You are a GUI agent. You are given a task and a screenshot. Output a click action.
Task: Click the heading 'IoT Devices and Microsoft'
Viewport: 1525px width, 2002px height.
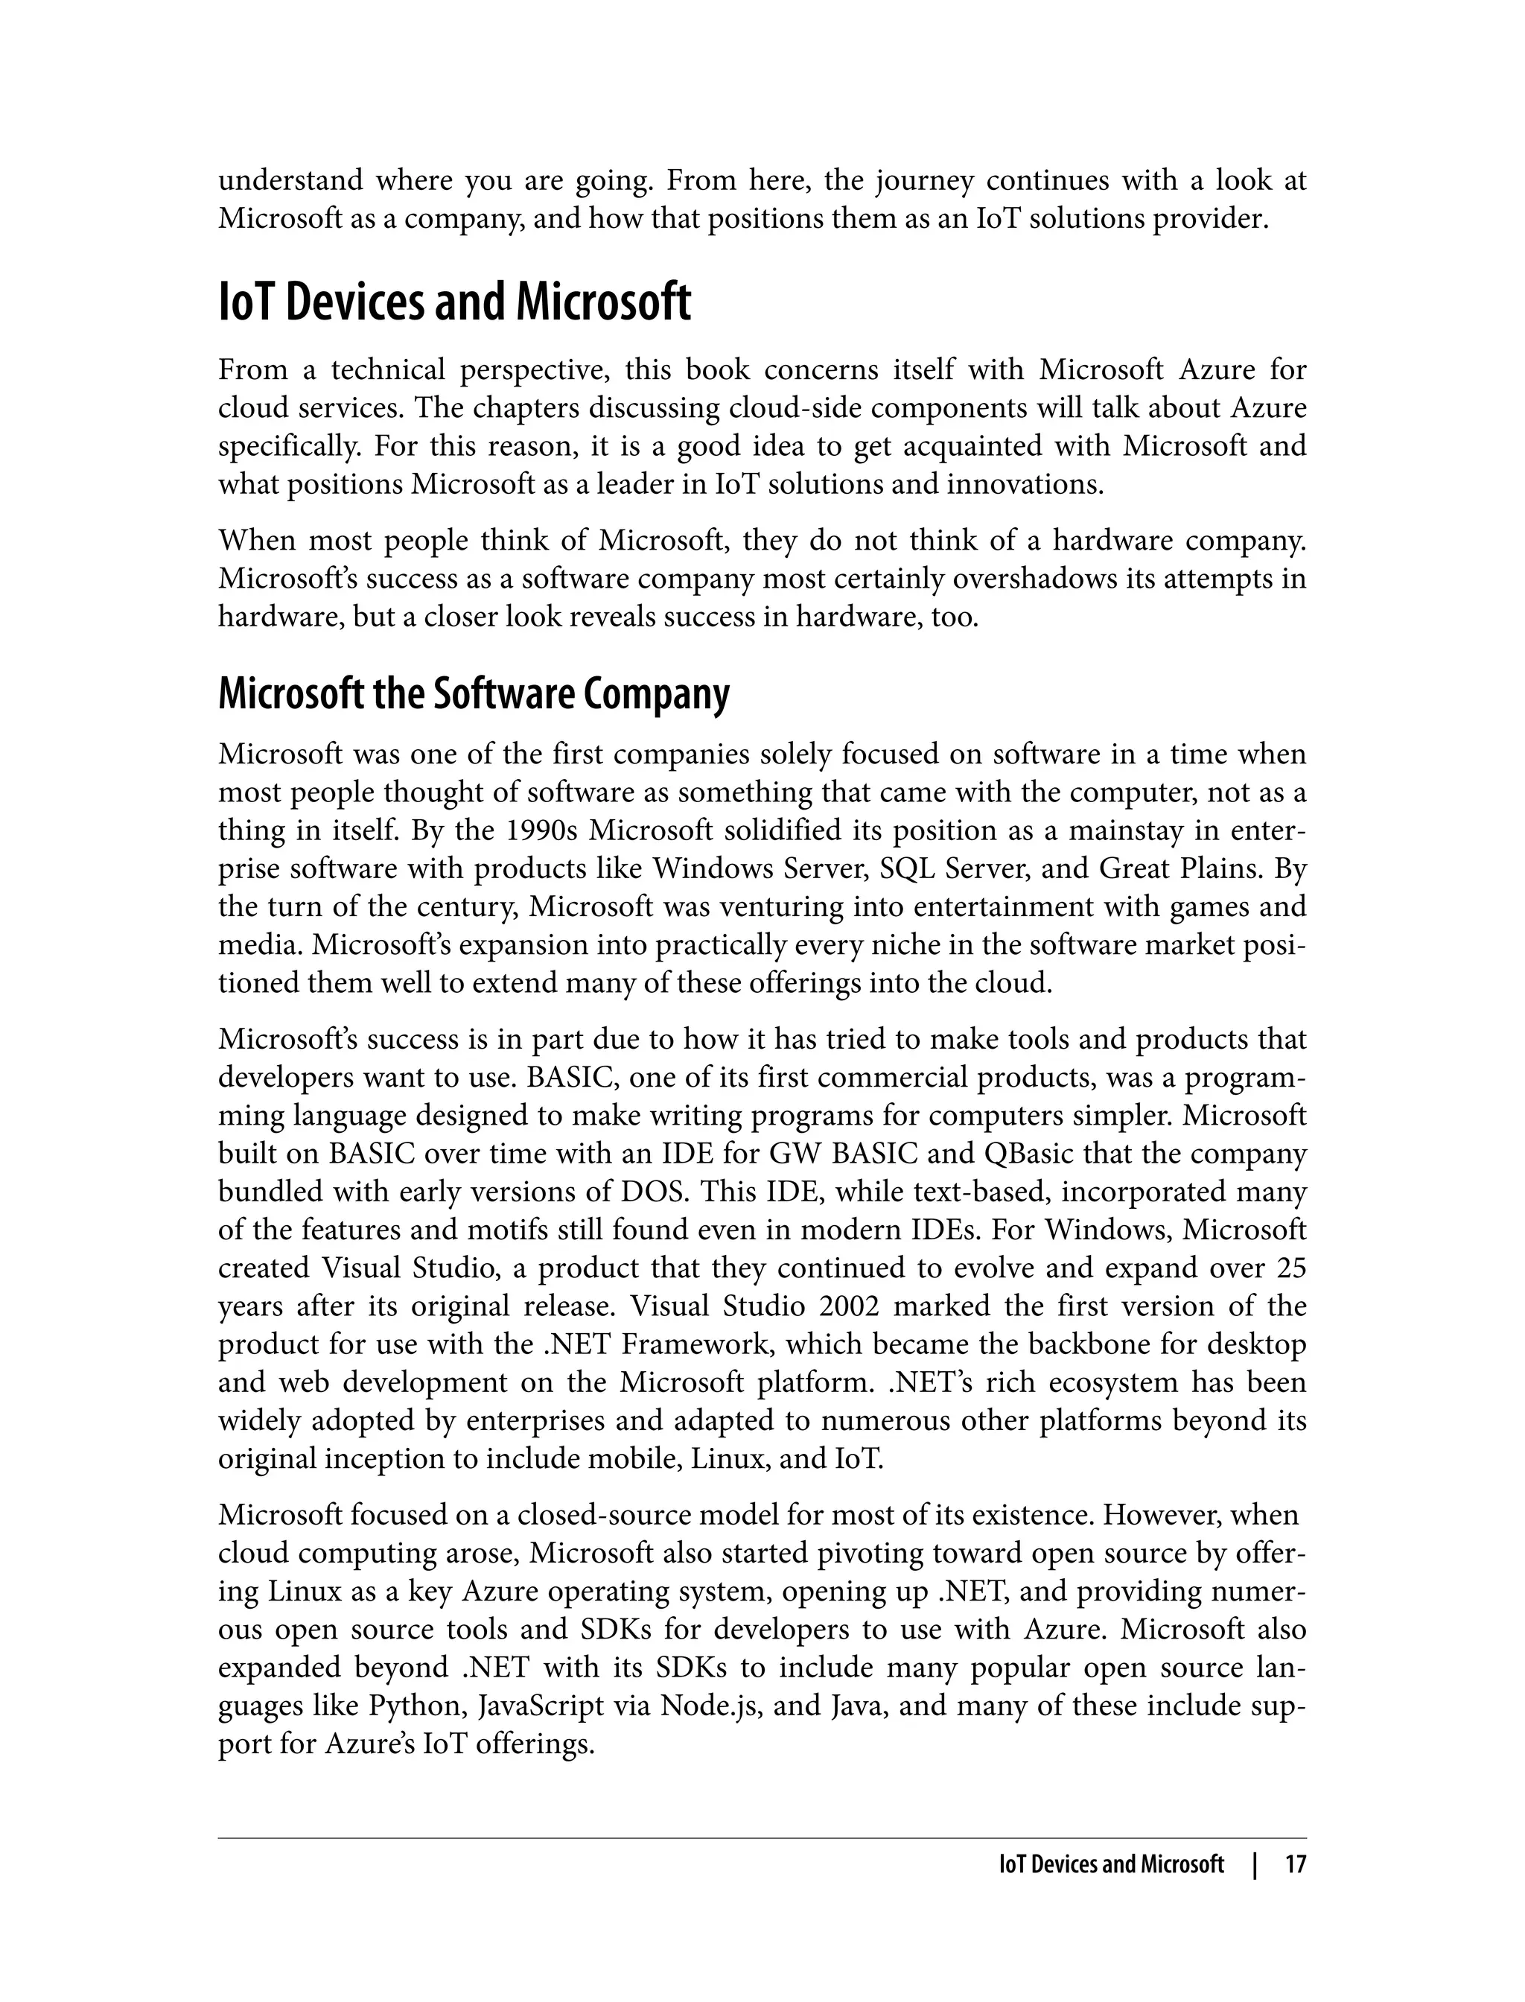(x=454, y=303)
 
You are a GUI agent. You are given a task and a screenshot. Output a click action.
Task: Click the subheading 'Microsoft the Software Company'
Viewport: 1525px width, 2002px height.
(x=473, y=695)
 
